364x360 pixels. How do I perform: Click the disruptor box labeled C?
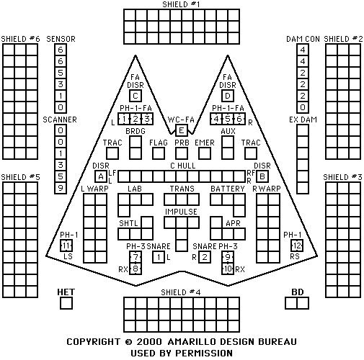coord(136,96)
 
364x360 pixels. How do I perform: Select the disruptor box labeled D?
coord(228,96)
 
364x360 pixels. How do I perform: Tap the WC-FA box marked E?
coord(182,130)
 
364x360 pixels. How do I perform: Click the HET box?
coord(66,303)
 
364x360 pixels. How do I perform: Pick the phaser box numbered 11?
coord(66,246)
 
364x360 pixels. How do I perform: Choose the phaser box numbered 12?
coord(297,246)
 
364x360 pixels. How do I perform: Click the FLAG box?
coord(159,153)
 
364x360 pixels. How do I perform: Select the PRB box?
coord(182,153)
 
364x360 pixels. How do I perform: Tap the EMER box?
coord(205,153)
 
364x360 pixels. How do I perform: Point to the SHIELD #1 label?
coord(181,4)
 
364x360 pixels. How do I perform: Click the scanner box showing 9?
coord(61,188)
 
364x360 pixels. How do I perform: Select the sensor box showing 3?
coord(61,84)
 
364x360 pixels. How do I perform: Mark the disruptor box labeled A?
coord(101,176)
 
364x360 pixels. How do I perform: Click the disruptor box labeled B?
coord(262,176)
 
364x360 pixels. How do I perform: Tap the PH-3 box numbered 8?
coord(136,269)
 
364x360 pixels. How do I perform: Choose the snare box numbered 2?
coord(205,257)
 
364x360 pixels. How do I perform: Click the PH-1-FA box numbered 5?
coord(228,119)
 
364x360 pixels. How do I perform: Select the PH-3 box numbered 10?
coord(228,269)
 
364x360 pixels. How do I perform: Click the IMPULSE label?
coord(181,212)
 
